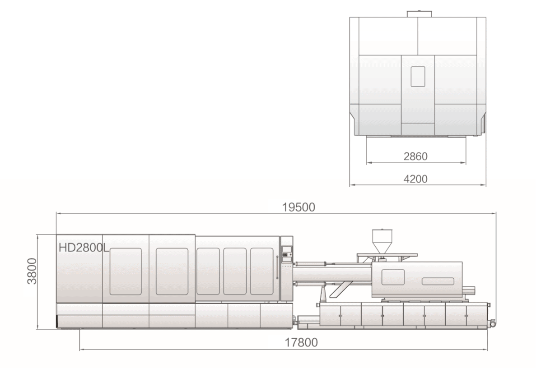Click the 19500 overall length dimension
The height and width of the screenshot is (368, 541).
(298, 207)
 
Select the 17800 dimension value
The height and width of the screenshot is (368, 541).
(301, 342)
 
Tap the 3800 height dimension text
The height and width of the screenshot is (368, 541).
(32, 271)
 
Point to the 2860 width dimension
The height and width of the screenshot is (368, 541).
(415, 156)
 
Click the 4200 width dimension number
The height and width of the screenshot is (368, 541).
(415, 179)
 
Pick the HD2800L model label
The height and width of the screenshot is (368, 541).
(84, 248)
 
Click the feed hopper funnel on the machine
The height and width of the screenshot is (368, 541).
(382, 241)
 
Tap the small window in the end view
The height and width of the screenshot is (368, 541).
(418, 77)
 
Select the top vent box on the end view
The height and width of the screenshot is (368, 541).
(419, 14)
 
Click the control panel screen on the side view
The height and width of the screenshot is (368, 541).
(286, 249)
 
